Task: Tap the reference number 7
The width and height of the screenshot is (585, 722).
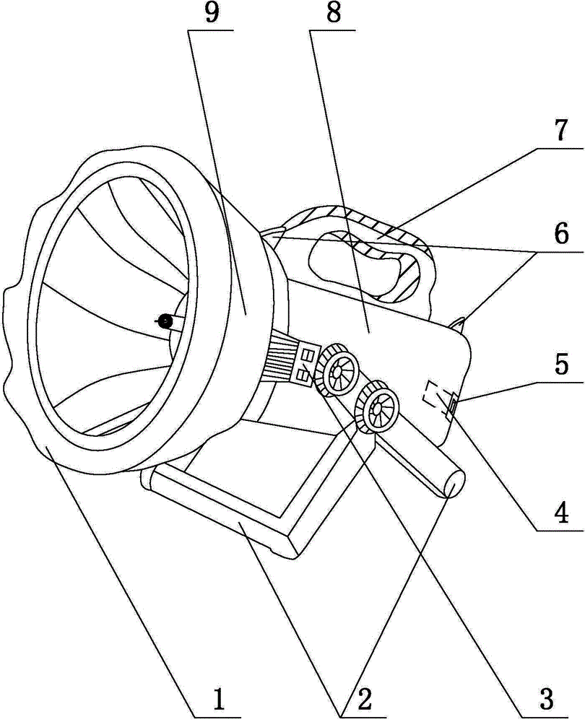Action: (561, 131)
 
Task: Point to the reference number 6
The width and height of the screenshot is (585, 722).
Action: (561, 235)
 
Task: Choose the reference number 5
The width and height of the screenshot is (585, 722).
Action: (561, 364)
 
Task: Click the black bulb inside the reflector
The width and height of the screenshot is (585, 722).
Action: (163, 321)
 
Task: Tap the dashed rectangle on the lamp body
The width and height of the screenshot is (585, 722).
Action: (434, 395)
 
